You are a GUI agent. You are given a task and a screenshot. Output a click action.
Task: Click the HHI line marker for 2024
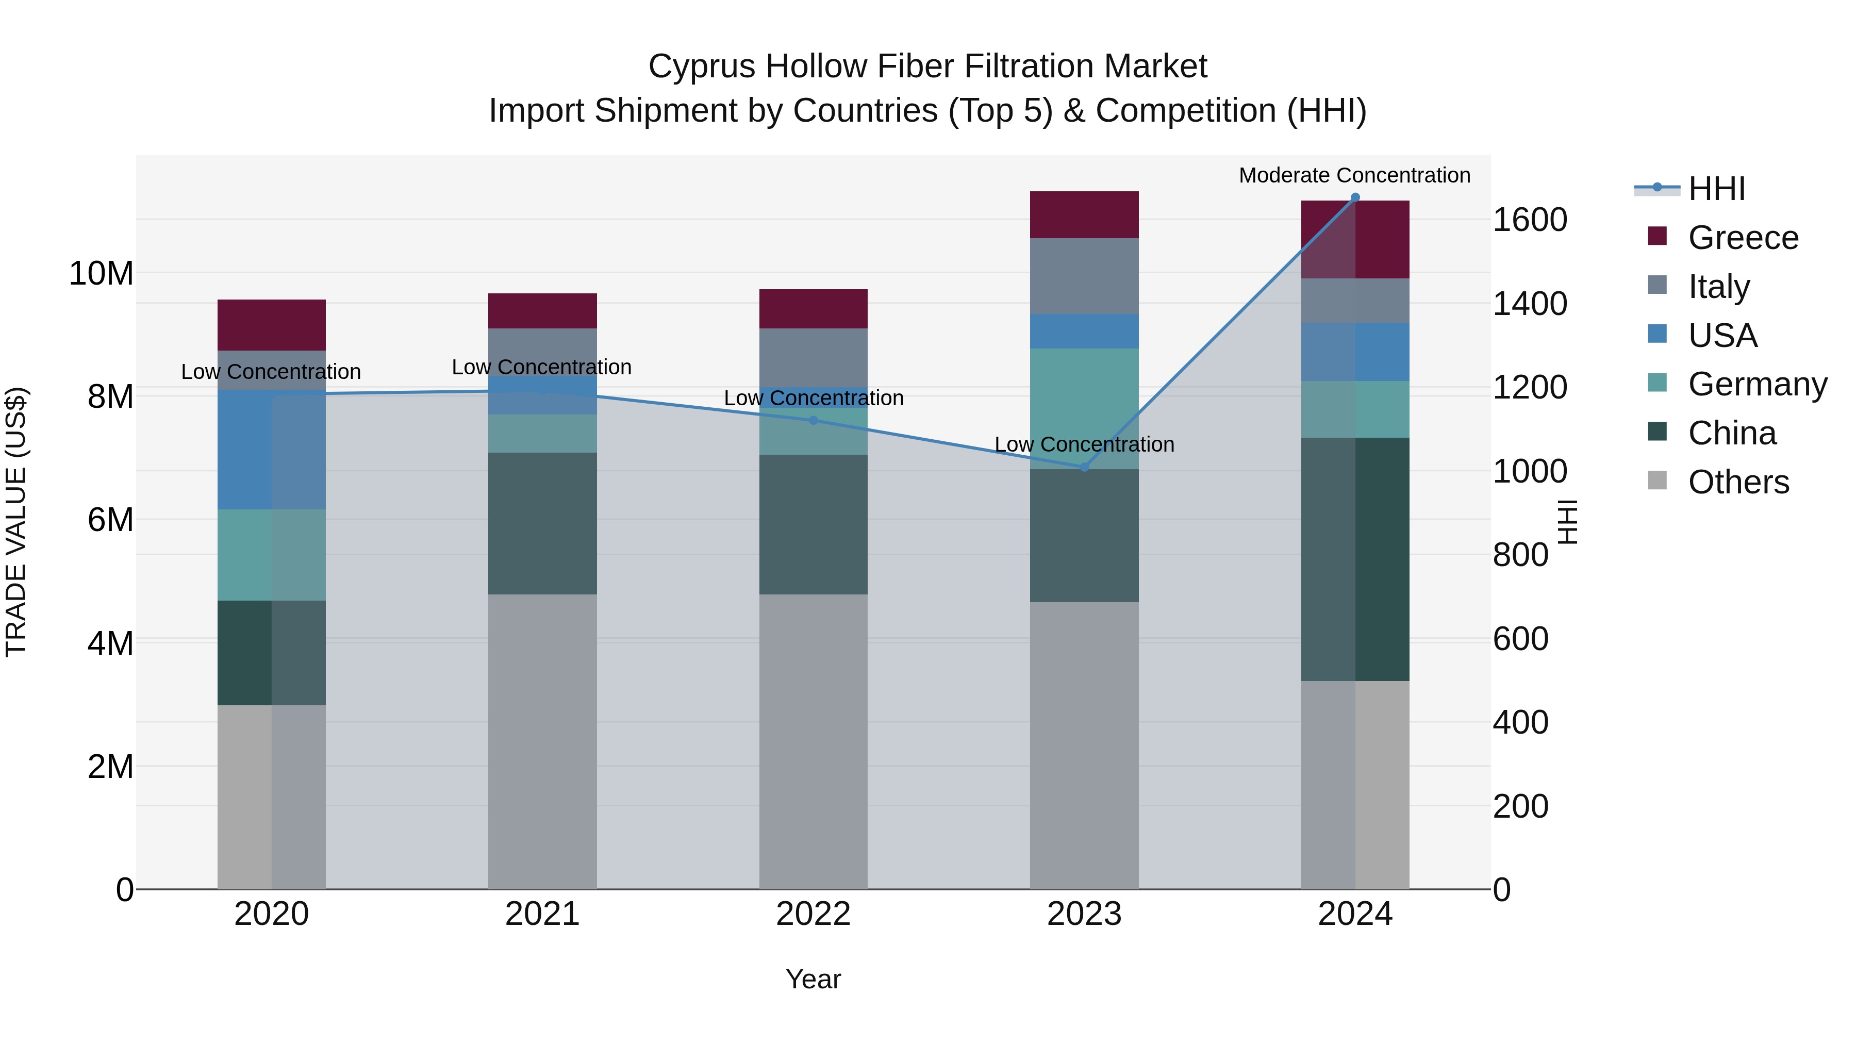pyautogui.click(x=1355, y=197)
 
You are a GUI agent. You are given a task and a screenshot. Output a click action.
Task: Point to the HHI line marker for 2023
pyautogui.click(x=1084, y=468)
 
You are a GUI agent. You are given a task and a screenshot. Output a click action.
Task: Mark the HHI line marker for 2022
pyautogui.click(x=814, y=420)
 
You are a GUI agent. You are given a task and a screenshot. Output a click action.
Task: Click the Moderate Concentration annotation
pyautogui.click(x=1354, y=175)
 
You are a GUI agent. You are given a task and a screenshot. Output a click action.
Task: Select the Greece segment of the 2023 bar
pyautogui.click(x=1084, y=214)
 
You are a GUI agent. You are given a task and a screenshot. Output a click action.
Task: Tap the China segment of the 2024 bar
pyautogui.click(x=1355, y=559)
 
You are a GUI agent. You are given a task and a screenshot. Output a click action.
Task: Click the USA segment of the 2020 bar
pyautogui.click(x=272, y=450)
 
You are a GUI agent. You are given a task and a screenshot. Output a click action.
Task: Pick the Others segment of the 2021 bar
pyautogui.click(x=542, y=741)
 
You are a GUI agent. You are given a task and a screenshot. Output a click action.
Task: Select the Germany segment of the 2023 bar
pyautogui.click(x=1084, y=408)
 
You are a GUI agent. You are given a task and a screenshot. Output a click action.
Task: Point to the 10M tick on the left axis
pyautogui.click(x=101, y=274)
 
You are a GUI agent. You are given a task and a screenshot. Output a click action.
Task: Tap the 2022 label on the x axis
pyautogui.click(x=814, y=914)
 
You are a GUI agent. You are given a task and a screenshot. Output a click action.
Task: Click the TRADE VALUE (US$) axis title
pyautogui.click(x=16, y=522)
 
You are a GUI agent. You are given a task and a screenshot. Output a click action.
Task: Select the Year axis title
pyautogui.click(x=814, y=979)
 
